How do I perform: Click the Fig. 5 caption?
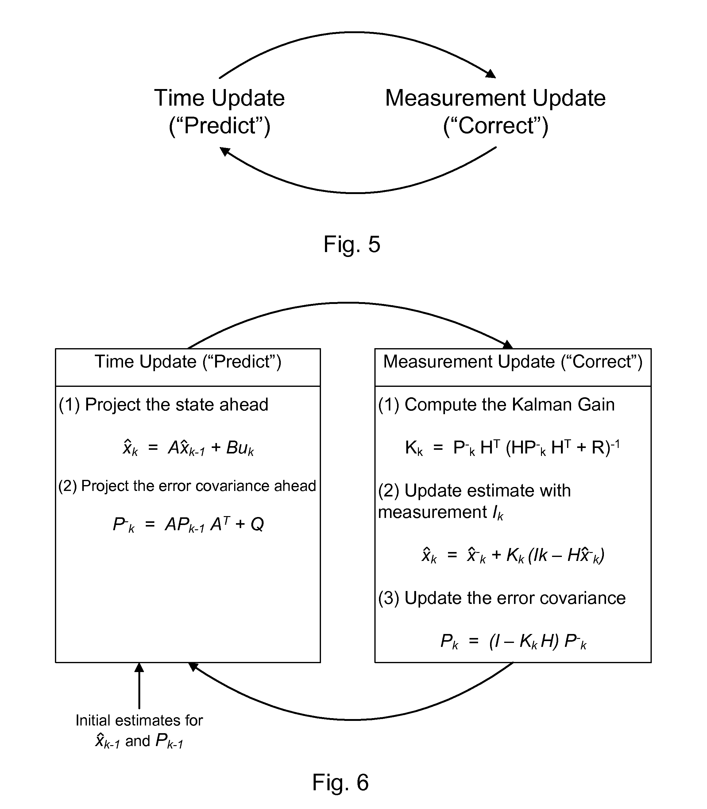click(352, 244)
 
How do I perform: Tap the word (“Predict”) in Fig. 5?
click(220, 126)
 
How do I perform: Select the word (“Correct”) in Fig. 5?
click(496, 126)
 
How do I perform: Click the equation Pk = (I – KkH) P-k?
click(513, 641)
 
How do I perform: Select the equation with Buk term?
click(188, 448)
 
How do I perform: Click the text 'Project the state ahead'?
click(177, 405)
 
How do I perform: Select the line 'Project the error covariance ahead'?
click(199, 486)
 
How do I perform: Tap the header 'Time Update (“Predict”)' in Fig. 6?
click(188, 361)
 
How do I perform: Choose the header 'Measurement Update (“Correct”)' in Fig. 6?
click(513, 361)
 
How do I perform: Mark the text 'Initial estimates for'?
click(139, 721)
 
